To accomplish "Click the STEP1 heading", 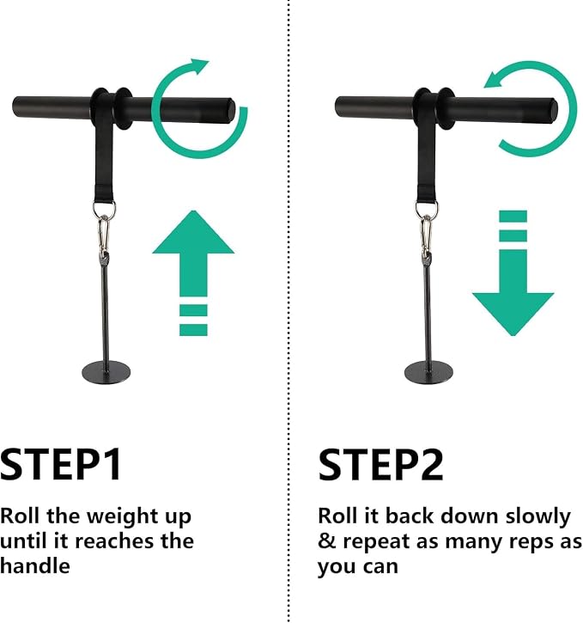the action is [61, 465].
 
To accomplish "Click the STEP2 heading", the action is [380, 465].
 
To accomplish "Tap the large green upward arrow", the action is [193, 273].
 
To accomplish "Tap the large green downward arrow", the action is [513, 273].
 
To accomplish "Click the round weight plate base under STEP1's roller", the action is [106, 372].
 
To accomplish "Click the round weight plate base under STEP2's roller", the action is [428, 372].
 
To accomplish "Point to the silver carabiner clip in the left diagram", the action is [104, 235].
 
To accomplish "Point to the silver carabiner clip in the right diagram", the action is [426, 235].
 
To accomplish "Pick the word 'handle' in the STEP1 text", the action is [35, 565].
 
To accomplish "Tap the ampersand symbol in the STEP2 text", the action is [325, 541].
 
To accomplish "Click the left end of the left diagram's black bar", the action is [15, 107].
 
